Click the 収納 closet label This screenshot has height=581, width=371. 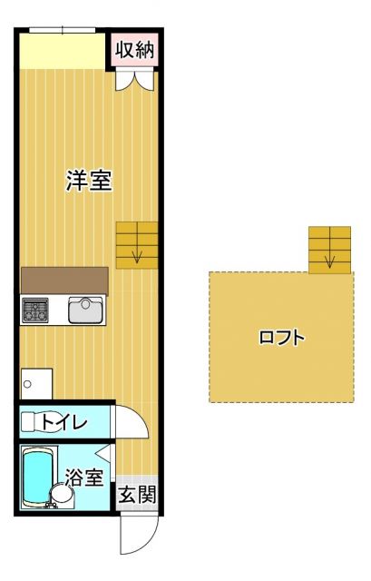pos(134,49)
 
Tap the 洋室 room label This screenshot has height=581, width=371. pos(88,180)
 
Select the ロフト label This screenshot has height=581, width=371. pos(281,338)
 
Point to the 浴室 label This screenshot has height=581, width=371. pos(85,478)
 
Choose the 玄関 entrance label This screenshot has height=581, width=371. pos(138,496)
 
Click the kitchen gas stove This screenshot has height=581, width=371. pos(35,310)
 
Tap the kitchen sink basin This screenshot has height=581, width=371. pos(87,310)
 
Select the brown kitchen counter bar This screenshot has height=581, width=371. pos(63,281)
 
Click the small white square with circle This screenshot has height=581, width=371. pos(34,381)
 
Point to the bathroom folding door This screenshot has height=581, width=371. pos(108,456)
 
